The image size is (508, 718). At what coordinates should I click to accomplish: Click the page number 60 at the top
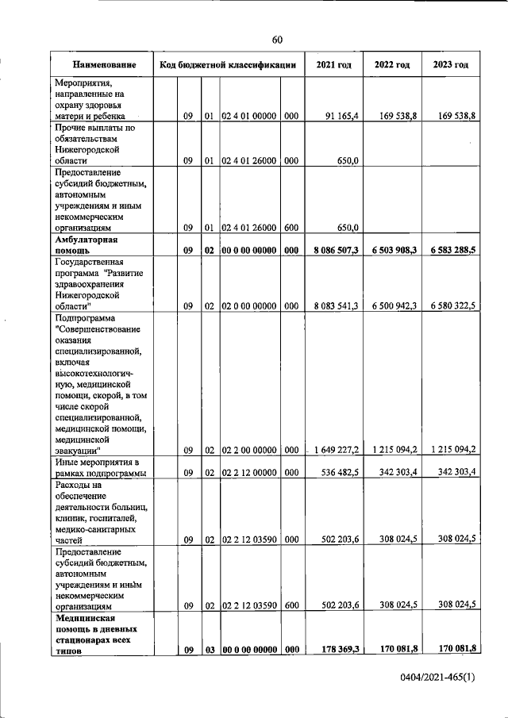[x=277, y=40]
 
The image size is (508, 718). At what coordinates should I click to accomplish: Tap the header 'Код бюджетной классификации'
[x=228, y=64]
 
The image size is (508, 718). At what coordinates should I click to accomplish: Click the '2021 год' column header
[x=333, y=64]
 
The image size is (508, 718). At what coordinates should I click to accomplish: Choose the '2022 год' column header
[x=392, y=64]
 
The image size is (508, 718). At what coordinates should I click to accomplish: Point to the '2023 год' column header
[x=450, y=64]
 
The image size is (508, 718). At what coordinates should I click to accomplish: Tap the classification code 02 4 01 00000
[x=248, y=116]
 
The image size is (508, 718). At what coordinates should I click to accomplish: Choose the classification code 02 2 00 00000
[x=248, y=450]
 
